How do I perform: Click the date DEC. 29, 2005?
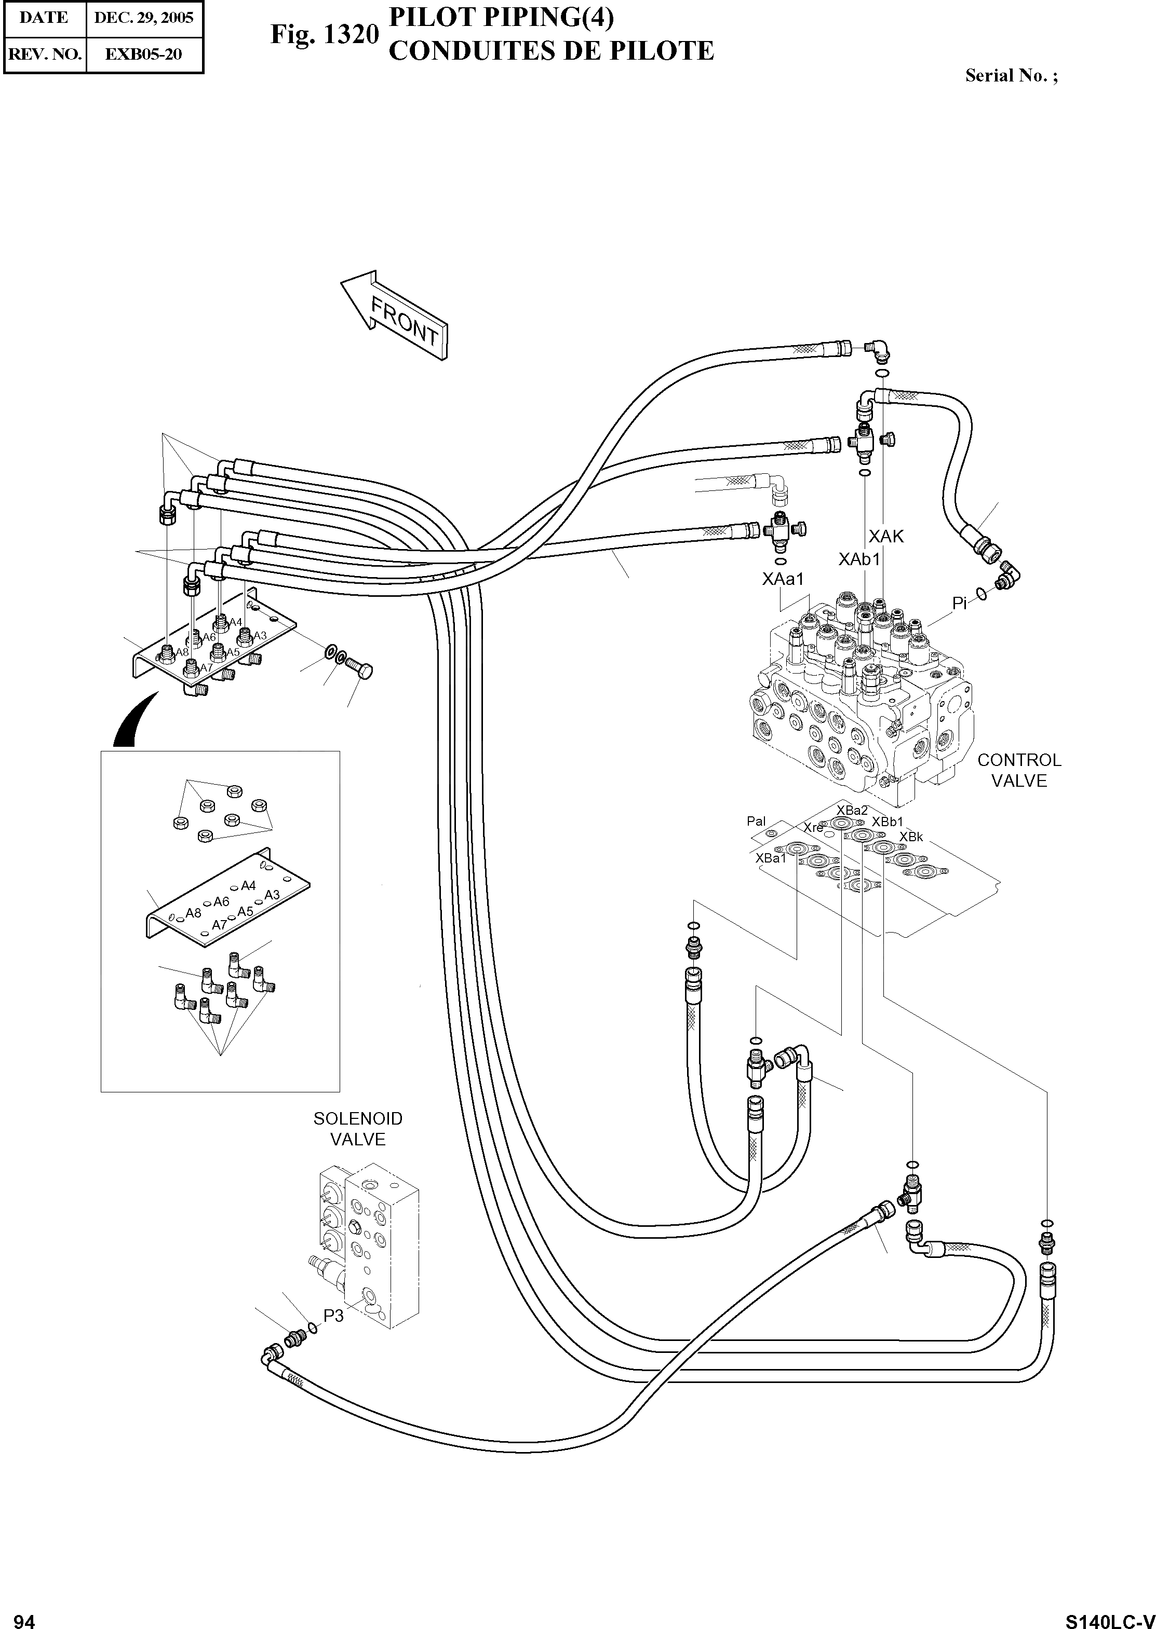[x=144, y=18]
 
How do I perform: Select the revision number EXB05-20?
[x=144, y=54]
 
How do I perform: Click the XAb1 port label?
[x=859, y=559]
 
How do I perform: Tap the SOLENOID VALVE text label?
[x=358, y=1129]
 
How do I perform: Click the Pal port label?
[x=756, y=822]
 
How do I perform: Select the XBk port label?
[x=910, y=837]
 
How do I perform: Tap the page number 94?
[x=24, y=1616]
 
